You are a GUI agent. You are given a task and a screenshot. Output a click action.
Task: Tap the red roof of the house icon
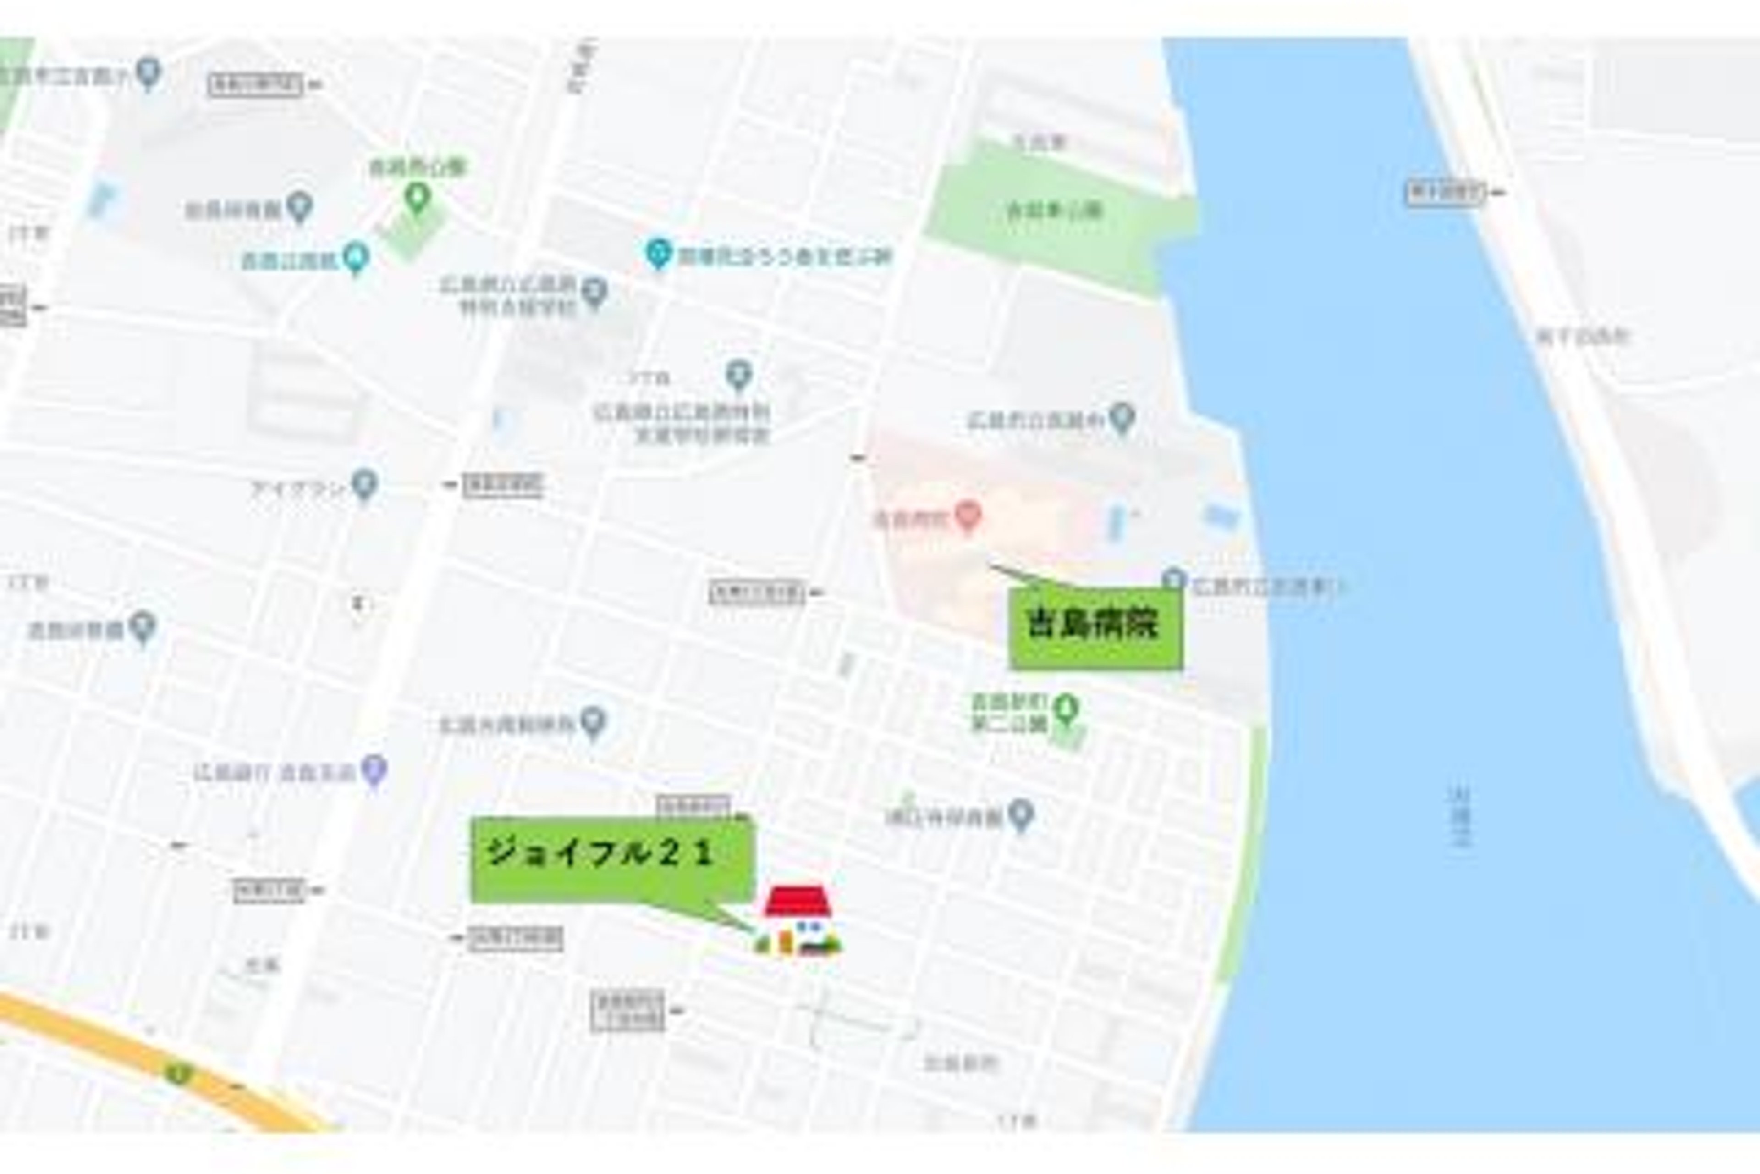tap(797, 902)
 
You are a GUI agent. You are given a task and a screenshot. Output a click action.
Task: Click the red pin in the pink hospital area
tap(968, 515)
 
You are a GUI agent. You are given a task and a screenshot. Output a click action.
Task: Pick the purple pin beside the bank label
tap(374, 769)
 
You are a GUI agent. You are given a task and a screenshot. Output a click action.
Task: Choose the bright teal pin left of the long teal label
tap(658, 253)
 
